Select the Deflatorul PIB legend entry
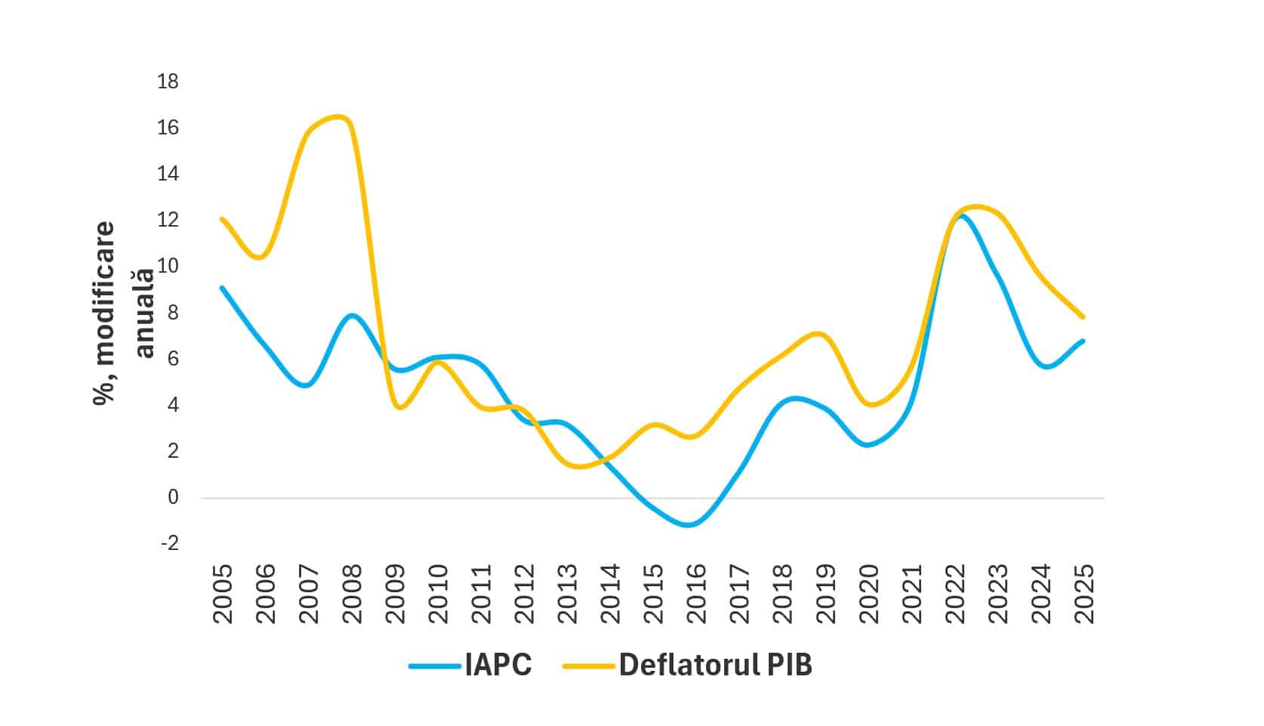coord(715,666)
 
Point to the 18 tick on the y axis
coord(168,82)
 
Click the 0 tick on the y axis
coord(173,497)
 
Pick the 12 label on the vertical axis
coord(168,220)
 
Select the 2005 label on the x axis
coord(224,594)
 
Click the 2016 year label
coord(695,594)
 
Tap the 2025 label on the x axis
coord(1084,594)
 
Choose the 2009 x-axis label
coord(395,594)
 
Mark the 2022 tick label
coord(955,594)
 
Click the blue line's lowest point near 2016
coord(689,524)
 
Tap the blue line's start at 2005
coord(222,288)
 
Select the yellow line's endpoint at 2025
coord(1084,317)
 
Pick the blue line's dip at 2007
coord(306,385)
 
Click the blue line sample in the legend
coord(434,666)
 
